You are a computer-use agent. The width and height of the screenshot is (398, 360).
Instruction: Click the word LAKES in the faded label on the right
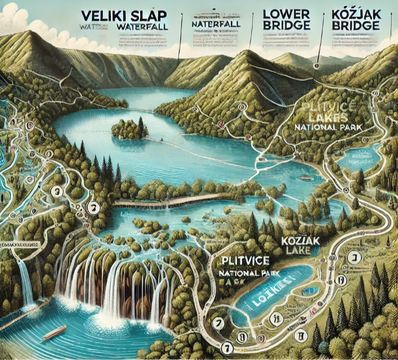tap(316, 117)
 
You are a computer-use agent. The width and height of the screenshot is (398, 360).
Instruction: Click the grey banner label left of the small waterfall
tap(23, 244)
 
